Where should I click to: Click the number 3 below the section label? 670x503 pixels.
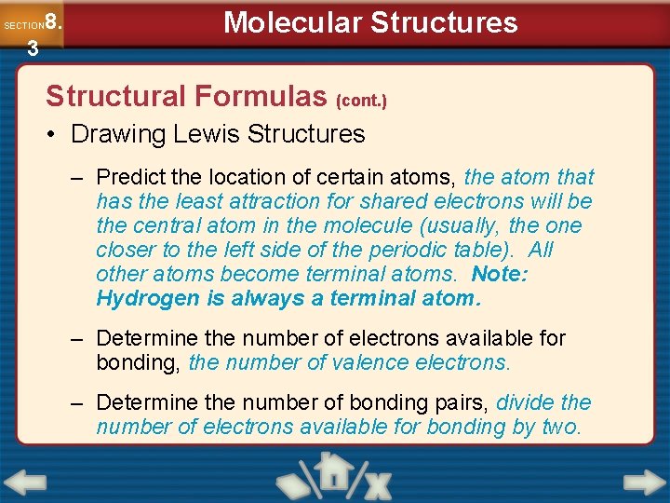[x=33, y=48]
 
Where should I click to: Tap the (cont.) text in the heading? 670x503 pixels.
[x=361, y=99]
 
